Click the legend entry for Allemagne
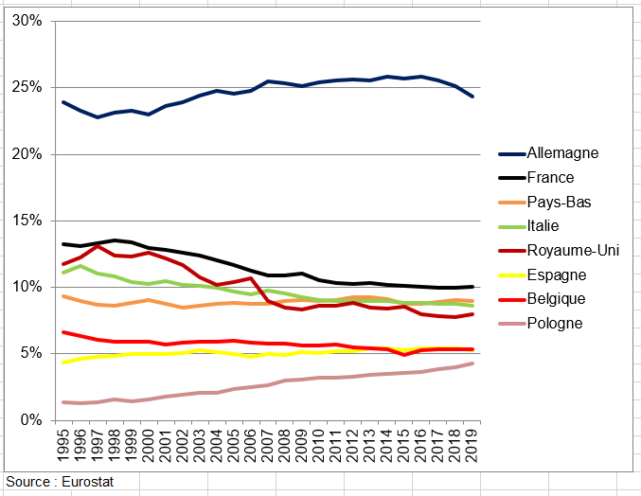coord(564,153)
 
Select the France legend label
coord(551,177)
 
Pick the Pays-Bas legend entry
coord(559,202)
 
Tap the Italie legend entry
coord(544,226)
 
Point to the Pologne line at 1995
coord(63,402)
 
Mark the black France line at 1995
coord(63,244)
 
